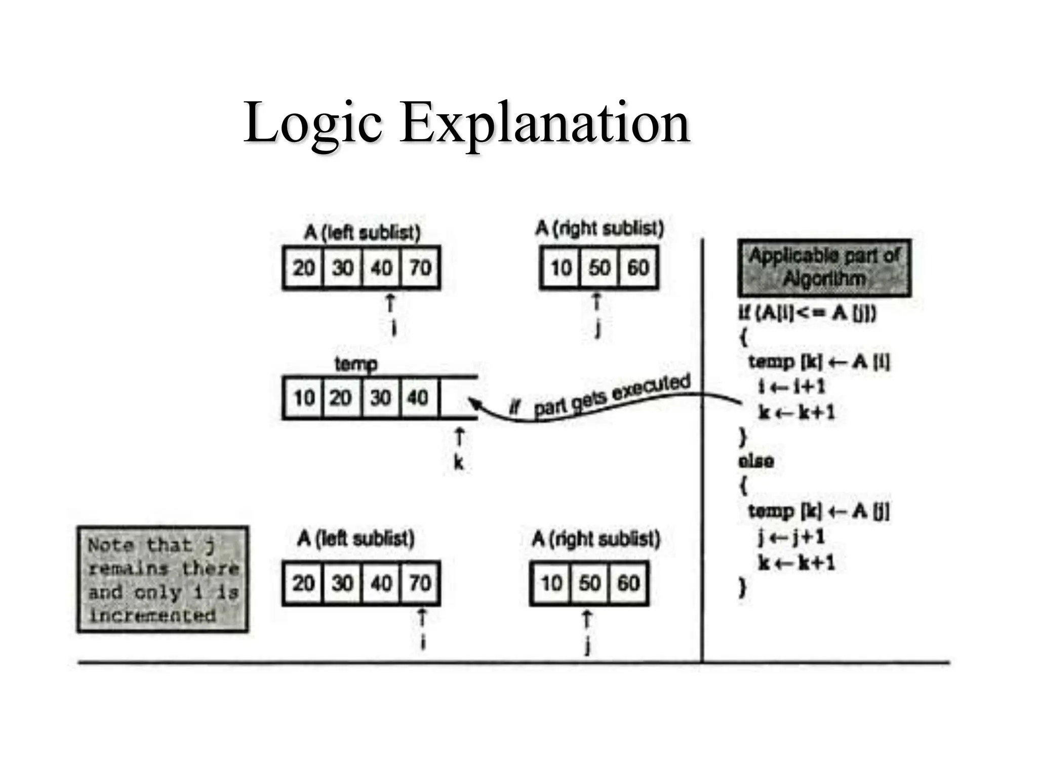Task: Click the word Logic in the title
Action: coord(312,123)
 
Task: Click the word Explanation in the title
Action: coord(545,123)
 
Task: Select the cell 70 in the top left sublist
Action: coord(420,268)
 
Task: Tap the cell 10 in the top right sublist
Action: coord(561,268)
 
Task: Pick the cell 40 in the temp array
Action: coord(418,398)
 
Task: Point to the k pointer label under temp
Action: coord(458,462)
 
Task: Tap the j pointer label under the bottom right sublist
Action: coord(587,645)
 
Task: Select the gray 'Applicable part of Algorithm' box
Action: coord(824,268)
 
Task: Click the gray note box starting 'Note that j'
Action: coord(163,579)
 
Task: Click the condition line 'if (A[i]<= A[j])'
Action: coord(807,313)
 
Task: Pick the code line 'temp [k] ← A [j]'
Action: coord(818,511)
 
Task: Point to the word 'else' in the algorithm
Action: coord(756,461)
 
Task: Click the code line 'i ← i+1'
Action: coord(791,387)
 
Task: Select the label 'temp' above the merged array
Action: coord(356,364)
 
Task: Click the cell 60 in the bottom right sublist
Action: coord(628,583)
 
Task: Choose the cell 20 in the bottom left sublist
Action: coord(303,583)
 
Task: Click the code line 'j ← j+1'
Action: coord(791,537)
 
